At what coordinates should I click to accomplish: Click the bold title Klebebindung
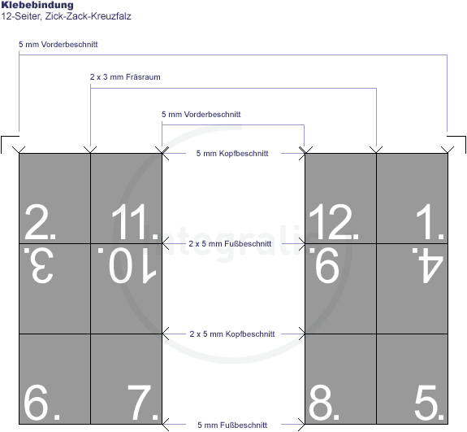pos(37,5)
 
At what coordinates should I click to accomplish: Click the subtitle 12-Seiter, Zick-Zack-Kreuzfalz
pos(66,16)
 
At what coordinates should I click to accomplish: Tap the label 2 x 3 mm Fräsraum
pos(125,77)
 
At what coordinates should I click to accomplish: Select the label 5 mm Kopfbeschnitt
pos(232,153)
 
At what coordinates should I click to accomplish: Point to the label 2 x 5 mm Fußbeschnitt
pos(230,244)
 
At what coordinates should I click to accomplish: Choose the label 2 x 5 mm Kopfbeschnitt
pos(232,334)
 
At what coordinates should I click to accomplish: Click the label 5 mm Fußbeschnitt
pos(232,425)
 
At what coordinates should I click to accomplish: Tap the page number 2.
pos(41,221)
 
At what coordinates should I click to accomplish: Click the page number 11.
pos(135,221)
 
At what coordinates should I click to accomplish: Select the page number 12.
pos(334,221)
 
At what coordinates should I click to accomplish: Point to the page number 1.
pos(430,221)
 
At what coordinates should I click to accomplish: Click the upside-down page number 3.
pos(39,265)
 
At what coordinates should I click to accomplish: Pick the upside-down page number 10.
pos(128,265)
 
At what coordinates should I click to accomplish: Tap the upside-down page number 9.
pos(324,265)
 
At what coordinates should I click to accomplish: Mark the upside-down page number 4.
pos(428,265)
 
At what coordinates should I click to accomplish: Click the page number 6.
pos(41,402)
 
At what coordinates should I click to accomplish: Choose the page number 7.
pos(142,402)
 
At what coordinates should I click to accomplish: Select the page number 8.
pos(324,402)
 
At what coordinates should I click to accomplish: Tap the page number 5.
pos(429,402)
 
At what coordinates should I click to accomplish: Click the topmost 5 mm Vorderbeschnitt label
pos(58,45)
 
